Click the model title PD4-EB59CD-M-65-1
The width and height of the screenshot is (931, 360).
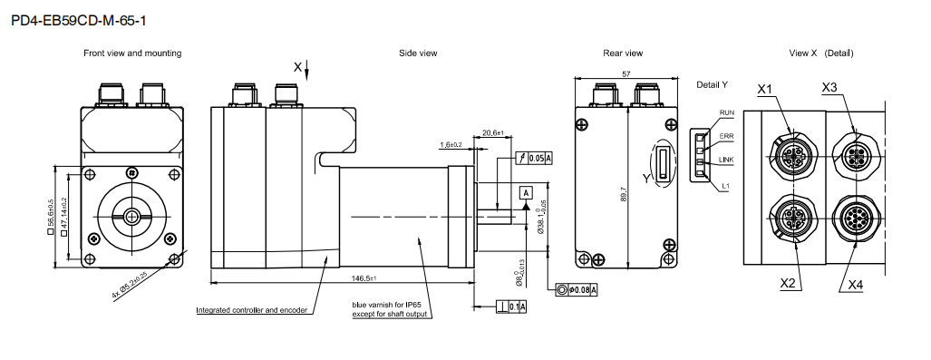79,21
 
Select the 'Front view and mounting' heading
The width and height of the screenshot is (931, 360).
132,53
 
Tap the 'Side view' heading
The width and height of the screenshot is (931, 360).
418,53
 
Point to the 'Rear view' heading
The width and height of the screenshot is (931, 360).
623,53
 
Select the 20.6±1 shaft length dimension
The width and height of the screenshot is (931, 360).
493,132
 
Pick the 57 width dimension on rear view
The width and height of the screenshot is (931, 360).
626,73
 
